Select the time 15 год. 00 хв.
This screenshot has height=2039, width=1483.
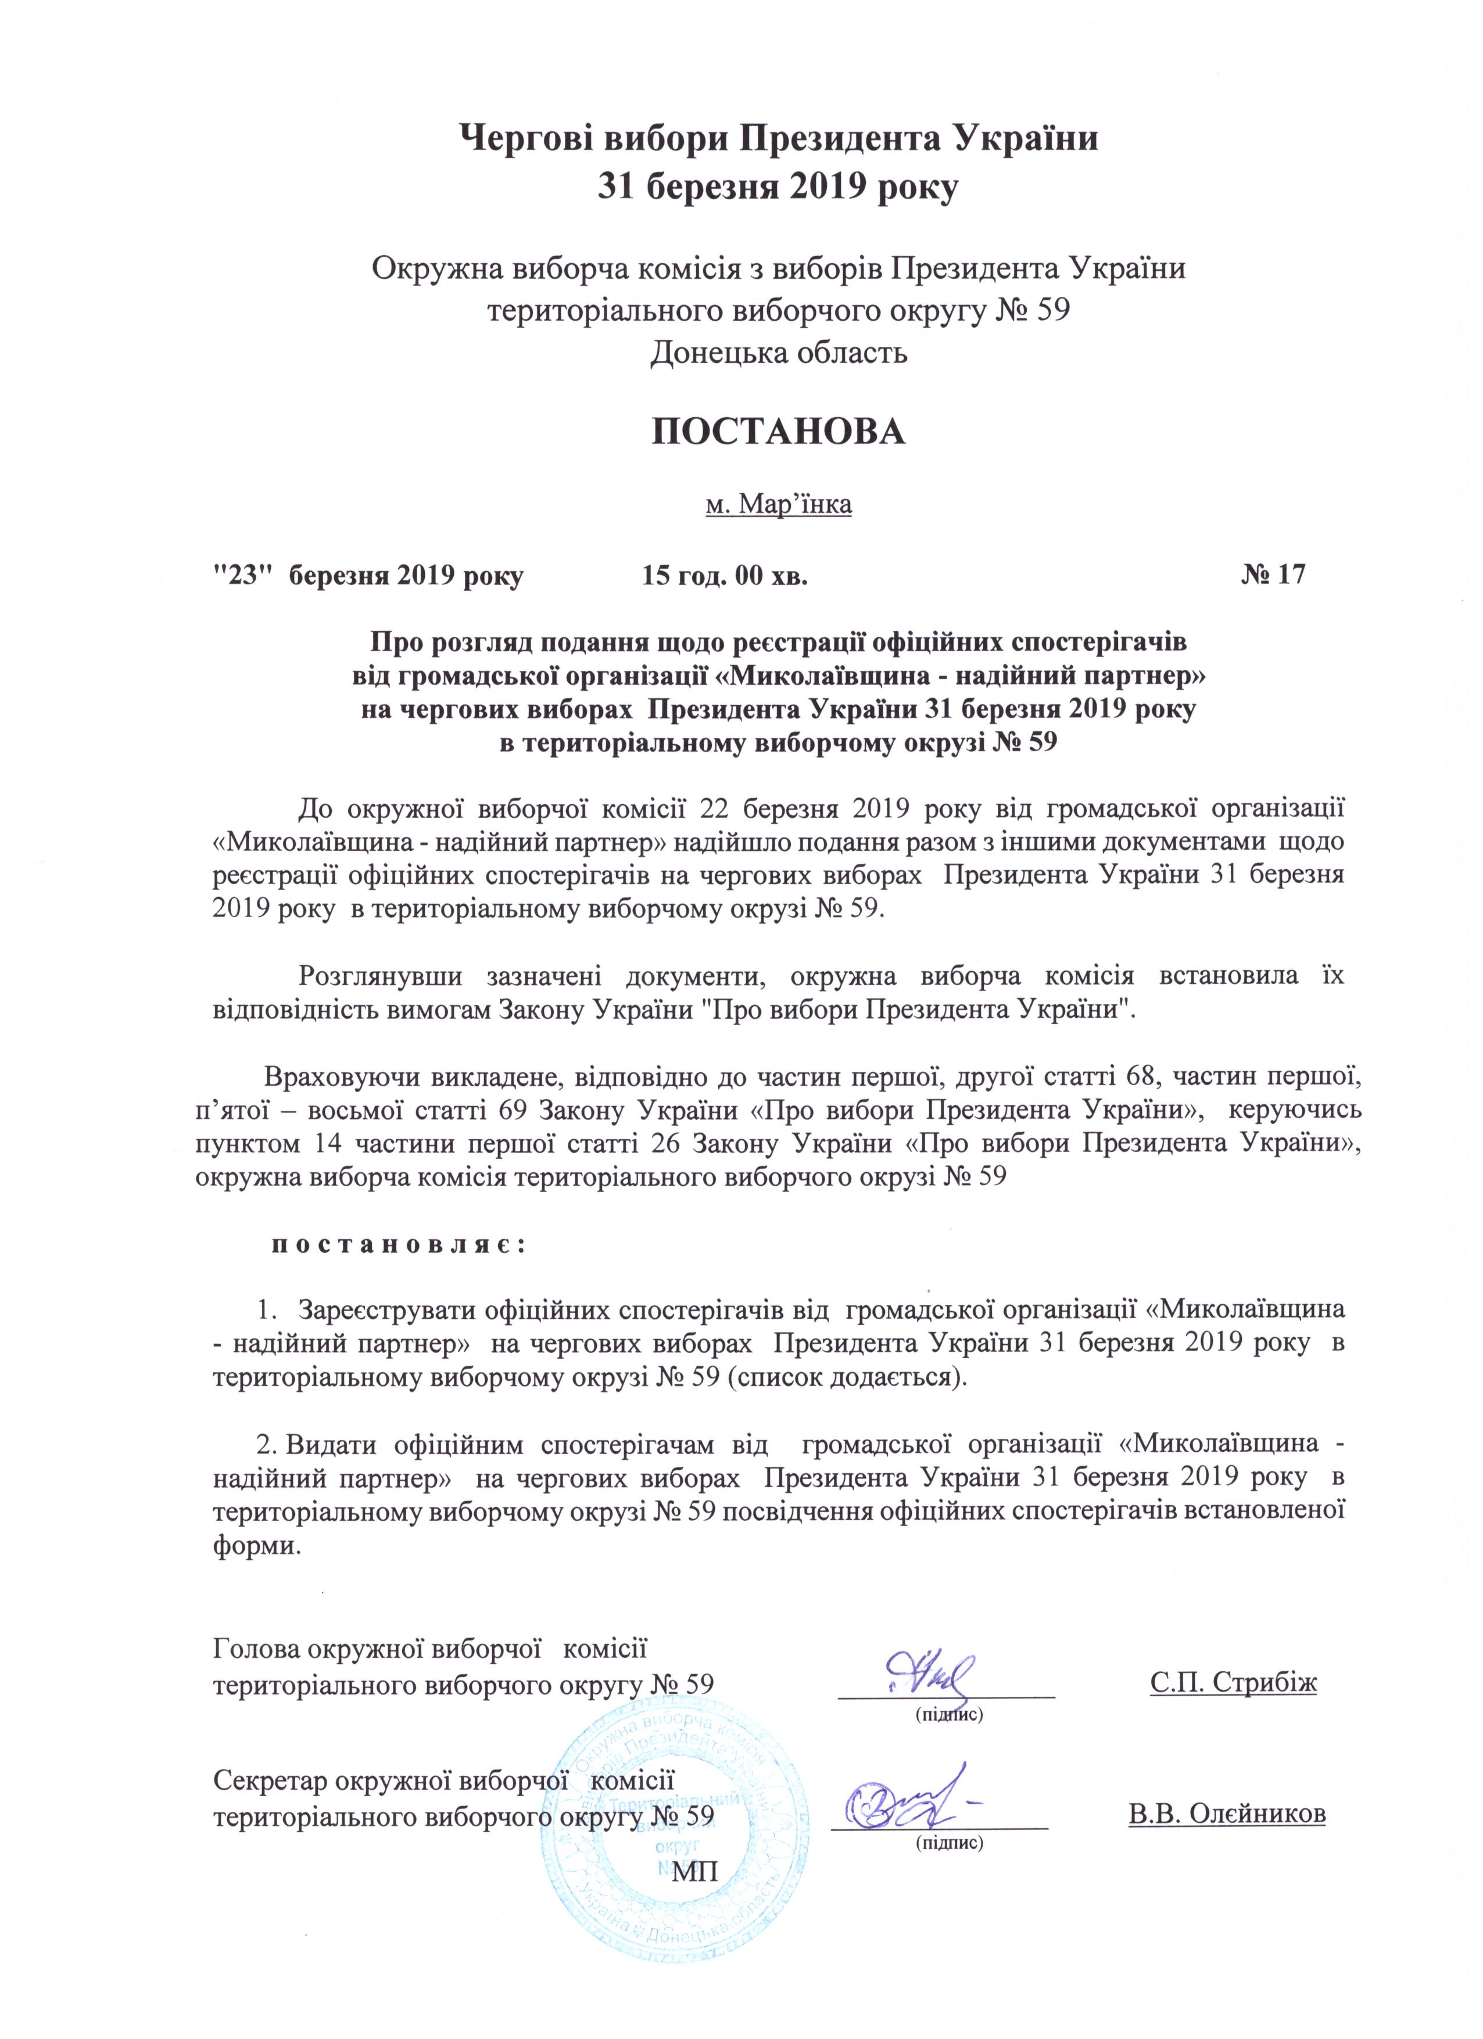click(x=724, y=575)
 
